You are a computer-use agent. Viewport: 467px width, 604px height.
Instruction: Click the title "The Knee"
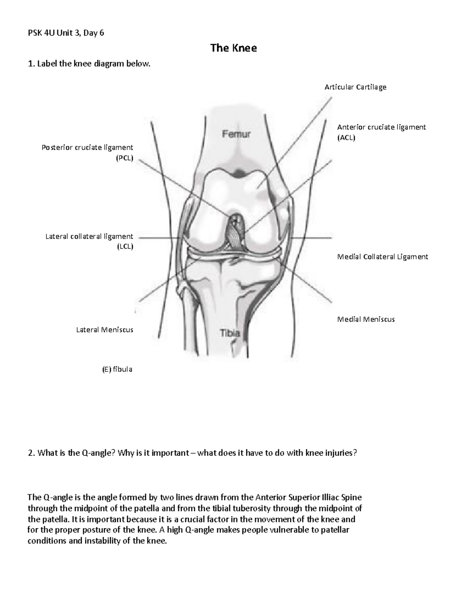tap(233, 48)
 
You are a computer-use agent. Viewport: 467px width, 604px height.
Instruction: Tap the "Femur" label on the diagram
tap(236, 135)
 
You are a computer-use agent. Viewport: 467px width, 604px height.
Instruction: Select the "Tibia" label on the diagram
tap(230, 333)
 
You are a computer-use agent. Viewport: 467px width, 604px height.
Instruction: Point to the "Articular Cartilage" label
tap(355, 87)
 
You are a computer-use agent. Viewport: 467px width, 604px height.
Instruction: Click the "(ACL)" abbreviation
tap(346, 138)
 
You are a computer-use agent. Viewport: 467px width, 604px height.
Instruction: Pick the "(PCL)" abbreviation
tap(125, 158)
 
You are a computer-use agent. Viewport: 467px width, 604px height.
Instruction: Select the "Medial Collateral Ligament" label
tap(382, 257)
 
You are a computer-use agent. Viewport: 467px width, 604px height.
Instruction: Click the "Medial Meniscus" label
tap(366, 319)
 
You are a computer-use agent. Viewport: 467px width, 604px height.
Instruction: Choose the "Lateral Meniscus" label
tap(105, 330)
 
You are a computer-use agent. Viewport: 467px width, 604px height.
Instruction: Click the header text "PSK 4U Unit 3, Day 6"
tap(66, 33)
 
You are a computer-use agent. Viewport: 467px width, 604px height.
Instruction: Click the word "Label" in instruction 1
tap(47, 64)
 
